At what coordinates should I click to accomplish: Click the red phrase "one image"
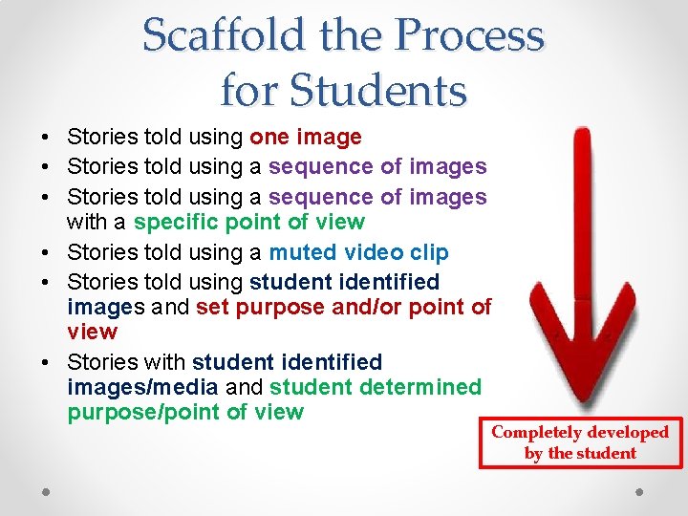pos(305,137)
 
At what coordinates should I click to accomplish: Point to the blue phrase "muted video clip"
pos(358,252)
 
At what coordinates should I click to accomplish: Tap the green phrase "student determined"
pos(376,387)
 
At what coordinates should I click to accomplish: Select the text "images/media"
pos(143,387)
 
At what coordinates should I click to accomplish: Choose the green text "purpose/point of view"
pos(185,412)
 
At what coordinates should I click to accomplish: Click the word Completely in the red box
pos(535,432)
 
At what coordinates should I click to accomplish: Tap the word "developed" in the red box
pos(627,432)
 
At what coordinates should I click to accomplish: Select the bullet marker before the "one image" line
pos(46,138)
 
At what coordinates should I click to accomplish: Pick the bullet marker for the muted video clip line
pos(46,253)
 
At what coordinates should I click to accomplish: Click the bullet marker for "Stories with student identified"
pos(46,363)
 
